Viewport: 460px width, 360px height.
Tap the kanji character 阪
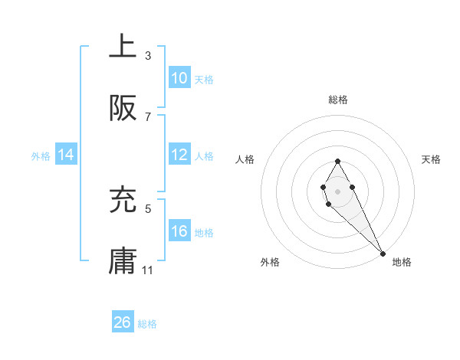(123, 110)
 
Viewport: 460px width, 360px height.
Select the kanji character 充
(123, 201)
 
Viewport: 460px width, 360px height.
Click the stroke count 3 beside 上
(148, 56)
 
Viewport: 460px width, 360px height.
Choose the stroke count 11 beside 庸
(148, 270)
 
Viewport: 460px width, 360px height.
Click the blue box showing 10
(179, 78)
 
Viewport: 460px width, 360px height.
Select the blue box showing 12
(179, 155)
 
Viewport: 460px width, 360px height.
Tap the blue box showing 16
(179, 231)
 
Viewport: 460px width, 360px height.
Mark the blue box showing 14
(66, 155)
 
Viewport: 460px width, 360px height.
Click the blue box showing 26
(123, 322)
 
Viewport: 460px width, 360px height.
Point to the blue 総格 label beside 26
(147, 324)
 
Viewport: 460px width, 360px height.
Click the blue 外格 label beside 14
(41, 155)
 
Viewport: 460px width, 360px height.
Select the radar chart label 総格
(337, 100)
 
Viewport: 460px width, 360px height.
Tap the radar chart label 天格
(431, 159)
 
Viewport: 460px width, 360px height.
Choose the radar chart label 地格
(402, 262)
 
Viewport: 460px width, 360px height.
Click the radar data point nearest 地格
(383, 252)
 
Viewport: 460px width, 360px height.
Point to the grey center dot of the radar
(337, 190)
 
